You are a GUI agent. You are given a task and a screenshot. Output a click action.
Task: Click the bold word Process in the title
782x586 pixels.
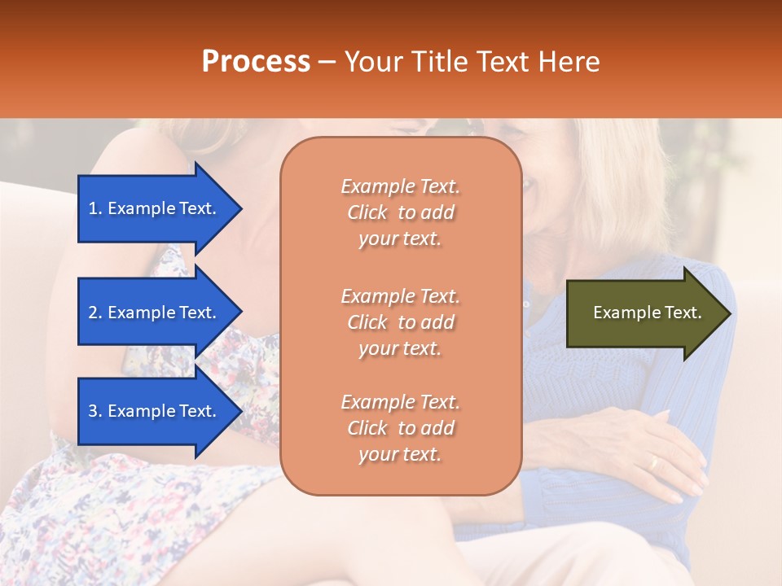(256, 62)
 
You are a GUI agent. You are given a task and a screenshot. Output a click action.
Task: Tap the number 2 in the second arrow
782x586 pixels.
(92, 313)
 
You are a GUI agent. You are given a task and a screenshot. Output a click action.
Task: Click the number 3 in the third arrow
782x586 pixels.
(92, 411)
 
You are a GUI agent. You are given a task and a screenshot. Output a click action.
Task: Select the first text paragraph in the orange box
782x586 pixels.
(400, 212)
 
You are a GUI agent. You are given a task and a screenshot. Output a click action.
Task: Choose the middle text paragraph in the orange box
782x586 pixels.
(400, 322)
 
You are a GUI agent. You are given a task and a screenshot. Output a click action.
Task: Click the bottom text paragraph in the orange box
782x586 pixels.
(400, 428)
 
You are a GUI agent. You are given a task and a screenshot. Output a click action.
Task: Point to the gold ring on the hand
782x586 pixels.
(652, 462)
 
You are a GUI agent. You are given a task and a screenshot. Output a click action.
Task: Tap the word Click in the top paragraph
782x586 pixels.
(367, 212)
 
